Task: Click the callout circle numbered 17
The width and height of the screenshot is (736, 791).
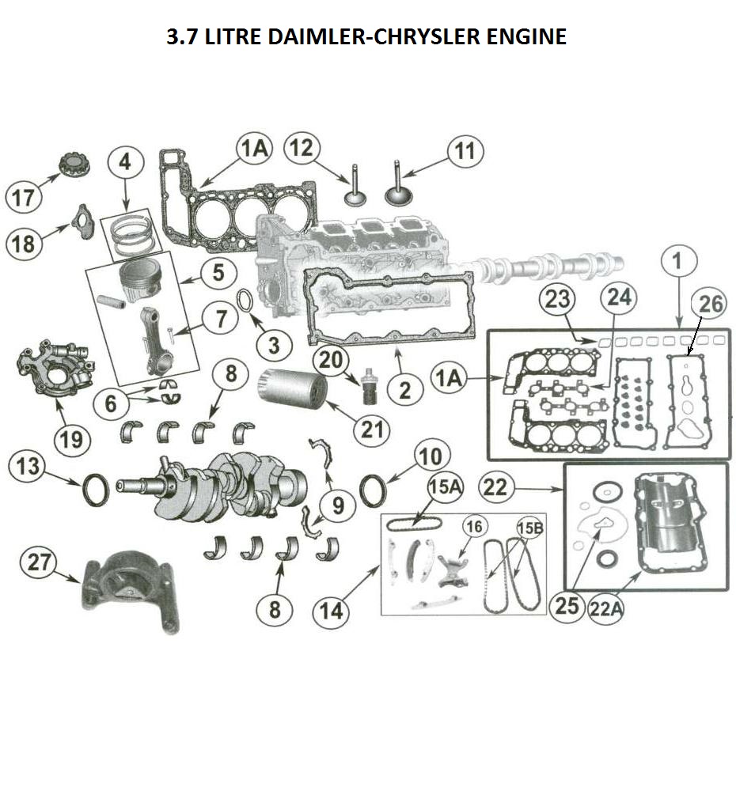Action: [23, 197]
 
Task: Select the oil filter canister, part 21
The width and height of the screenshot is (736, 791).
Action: [292, 391]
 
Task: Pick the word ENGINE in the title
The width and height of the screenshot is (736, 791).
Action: [523, 36]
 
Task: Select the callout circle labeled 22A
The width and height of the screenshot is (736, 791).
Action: [605, 609]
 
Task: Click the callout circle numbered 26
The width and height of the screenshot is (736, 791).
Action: [708, 304]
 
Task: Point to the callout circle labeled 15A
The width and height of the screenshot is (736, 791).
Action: [444, 487]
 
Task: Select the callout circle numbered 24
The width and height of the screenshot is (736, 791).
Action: [619, 298]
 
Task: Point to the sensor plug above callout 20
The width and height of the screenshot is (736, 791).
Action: [366, 384]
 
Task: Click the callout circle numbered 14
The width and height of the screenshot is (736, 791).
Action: [332, 609]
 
